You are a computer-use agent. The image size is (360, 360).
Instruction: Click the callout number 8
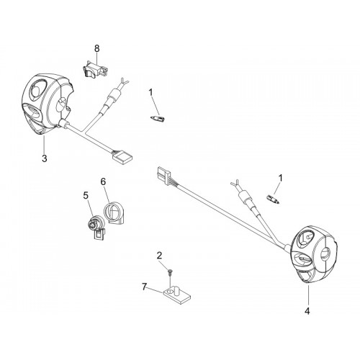point(96,48)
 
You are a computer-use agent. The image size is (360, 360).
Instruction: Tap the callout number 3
point(45,158)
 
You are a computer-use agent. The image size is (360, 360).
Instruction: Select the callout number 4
point(307,311)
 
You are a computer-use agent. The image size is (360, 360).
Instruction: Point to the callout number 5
point(86,196)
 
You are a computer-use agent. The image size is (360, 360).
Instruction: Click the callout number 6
point(103,181)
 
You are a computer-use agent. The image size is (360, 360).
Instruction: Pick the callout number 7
point(144,287)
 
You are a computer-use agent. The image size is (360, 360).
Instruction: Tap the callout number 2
point(159,256)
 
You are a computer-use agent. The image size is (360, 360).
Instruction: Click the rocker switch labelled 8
point(94,68)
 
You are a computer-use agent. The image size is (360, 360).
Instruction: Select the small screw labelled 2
point(170,271)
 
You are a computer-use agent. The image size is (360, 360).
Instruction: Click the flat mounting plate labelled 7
point(177,296)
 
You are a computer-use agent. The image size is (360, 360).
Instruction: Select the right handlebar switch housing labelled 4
point(314,254)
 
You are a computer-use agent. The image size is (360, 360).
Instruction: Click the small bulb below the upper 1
point(157,119)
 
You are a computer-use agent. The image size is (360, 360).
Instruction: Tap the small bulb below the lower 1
point(273,199)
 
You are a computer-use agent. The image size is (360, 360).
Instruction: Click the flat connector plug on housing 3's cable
point(122,156)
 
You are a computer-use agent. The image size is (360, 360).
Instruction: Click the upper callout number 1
point(150,92)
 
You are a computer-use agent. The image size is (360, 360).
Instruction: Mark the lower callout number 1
point(280,179)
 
